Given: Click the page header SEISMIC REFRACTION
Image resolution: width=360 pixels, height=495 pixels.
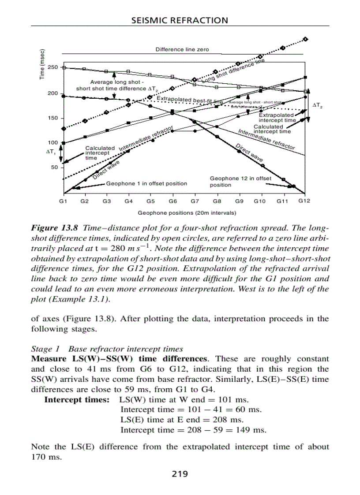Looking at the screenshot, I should point(180,20).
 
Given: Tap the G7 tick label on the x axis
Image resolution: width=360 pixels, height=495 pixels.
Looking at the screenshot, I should point(194,201).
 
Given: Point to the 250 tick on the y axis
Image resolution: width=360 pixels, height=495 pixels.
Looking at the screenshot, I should point(53,67).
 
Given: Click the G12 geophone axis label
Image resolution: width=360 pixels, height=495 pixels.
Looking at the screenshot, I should point(304,201).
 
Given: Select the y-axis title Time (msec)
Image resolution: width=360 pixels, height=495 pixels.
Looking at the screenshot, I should point(42,64).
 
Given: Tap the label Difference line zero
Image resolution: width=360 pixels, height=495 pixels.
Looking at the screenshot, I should point(182,49).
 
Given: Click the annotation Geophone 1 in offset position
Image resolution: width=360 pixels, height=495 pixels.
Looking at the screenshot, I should point(146,183).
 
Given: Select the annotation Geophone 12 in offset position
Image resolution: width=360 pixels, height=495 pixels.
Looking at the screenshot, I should point(240,182).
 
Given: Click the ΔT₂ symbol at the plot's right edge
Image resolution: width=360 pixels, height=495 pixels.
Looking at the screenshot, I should point(317,105).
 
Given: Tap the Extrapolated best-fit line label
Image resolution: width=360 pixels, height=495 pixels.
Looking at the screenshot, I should point(190,100).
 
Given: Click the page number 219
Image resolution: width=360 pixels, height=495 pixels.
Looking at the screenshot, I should point(180,474).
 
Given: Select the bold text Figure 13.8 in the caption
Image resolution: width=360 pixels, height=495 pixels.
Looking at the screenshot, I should point(54,228).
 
